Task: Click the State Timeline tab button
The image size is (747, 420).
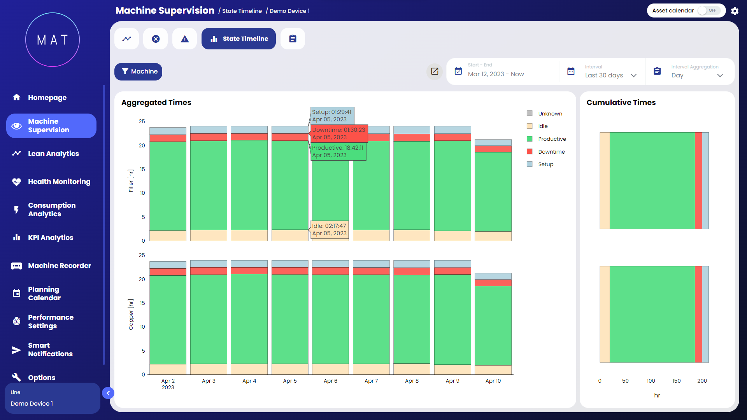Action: [238, 39]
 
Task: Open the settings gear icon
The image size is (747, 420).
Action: [735, 11]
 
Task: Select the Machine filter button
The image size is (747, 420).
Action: [138, 72]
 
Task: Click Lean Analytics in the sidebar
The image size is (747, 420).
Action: [53, 154]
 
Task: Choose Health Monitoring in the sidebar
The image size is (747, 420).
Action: [59, 182]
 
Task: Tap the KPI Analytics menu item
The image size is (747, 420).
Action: [51, 238]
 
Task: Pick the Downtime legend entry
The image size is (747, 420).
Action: [551, 152]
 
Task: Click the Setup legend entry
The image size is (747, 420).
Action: [545, 164]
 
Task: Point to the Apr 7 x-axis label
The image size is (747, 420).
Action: [371, 381]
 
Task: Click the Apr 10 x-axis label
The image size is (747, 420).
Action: [493, 381]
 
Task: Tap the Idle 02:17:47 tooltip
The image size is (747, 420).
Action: [330, 229]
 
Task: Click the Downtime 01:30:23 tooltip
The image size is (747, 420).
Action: [338, 133]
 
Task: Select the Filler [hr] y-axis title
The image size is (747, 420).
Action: [131, 180]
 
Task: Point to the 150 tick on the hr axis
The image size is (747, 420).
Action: [677, 381]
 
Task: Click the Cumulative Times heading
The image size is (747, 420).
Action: [621, 103]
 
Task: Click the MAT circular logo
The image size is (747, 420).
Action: [53, 40]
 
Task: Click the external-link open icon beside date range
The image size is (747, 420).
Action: [435, 72]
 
